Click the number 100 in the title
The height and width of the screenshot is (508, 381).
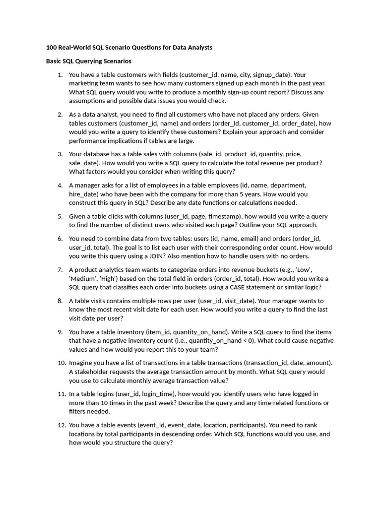(52, 48)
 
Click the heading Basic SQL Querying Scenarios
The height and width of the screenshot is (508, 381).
(89, 61)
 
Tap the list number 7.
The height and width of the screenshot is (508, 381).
(60, 270)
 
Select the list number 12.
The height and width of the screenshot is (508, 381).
(62, 425)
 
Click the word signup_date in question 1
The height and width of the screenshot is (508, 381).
(273, 75)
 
